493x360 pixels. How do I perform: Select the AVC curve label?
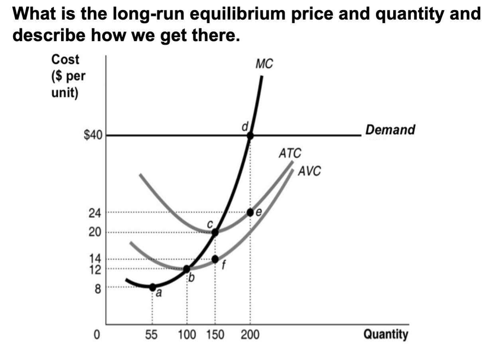click(310, 172)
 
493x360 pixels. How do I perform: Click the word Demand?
click(390, 130)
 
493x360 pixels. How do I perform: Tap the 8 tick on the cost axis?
click(97, 287)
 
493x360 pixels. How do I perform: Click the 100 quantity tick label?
click(187, 334)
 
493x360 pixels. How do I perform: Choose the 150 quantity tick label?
click(215, 334)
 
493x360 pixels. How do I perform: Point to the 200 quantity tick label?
click(250, 334)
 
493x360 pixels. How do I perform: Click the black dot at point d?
click(250, 136)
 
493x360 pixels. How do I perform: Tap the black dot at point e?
click(250, 212)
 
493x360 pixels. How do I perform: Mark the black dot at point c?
click(215, 232)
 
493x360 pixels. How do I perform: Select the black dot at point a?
click(152, 287)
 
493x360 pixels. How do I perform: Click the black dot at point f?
click(215, 259)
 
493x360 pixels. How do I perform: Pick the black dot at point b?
click(186, 269)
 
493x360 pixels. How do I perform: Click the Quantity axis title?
click(386, 334)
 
